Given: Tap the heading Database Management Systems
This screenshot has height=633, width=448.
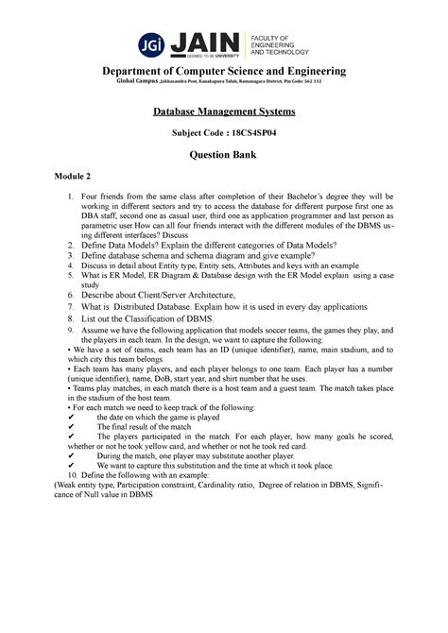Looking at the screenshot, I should pyautogui.click(x=224, y=113).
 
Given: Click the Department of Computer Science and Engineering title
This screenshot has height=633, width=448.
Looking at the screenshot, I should pyautogui.click(x=224, y=72).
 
